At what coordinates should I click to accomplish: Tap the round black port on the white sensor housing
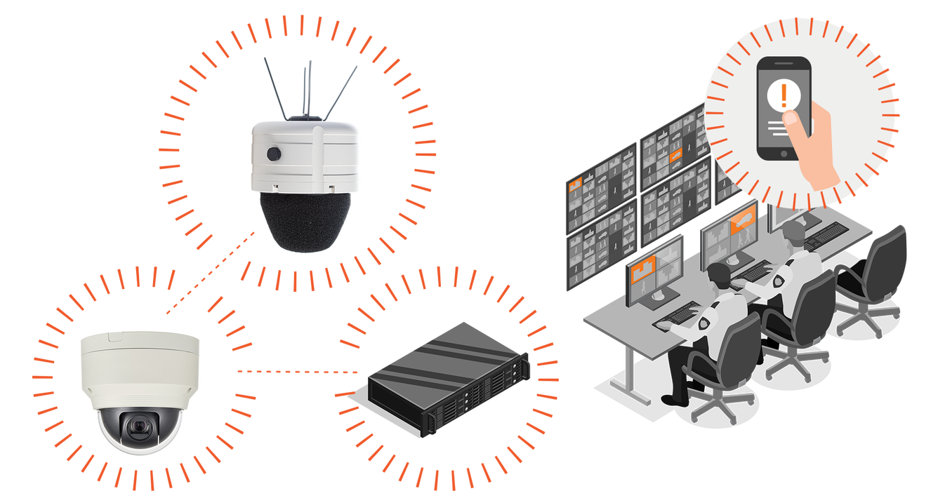[x=272, y=154]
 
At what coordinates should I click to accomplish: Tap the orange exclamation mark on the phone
[x=784, y=94]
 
